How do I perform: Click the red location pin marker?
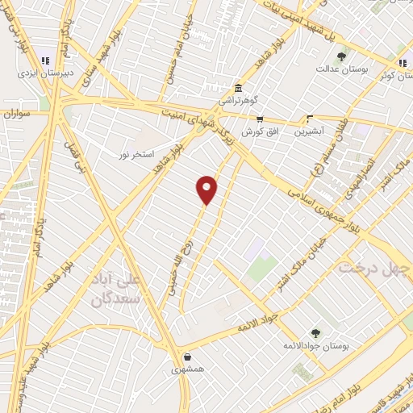point(207,189)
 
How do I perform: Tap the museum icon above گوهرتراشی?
point(238,89)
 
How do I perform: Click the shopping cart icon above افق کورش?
point(259,119)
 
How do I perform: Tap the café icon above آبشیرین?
point(311,117)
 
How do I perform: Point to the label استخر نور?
point(138,153)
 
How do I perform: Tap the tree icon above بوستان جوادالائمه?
point(315,332)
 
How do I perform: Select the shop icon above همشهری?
point(188,357)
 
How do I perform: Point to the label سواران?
point(18,115)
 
